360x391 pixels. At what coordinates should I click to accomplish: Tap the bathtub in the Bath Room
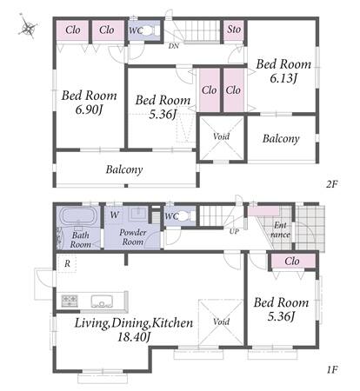[x=78, y=215]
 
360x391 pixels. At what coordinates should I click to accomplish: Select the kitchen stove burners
[x=70, y=301]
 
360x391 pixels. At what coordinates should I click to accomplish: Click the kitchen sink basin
[x=102, y=301]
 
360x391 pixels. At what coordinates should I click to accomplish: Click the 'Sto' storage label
[x=234, y=30]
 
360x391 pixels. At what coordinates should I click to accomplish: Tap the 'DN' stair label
[x=174, y=46]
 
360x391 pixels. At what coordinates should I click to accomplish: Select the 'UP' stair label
[x=234, y=231]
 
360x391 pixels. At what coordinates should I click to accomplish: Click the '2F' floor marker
[x=332, y=184]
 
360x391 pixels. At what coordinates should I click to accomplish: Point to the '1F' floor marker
[x=332, y=369]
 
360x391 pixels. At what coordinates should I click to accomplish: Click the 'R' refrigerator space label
[x=67, y=263]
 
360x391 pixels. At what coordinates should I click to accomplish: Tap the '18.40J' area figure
[x=134, y=336]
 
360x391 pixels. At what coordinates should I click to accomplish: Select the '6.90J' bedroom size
[x=89, y=110]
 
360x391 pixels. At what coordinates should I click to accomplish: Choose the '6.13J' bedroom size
[x=283, y=78]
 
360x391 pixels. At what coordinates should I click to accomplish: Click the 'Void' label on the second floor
[x=221, y=136]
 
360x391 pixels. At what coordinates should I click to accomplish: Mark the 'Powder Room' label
[x=133, y=237]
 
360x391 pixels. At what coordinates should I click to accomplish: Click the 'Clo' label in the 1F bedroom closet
[x=291, y=262]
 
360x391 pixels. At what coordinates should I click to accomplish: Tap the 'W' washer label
[x=115, y=215]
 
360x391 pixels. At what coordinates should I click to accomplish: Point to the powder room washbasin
[x=139, y=215]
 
